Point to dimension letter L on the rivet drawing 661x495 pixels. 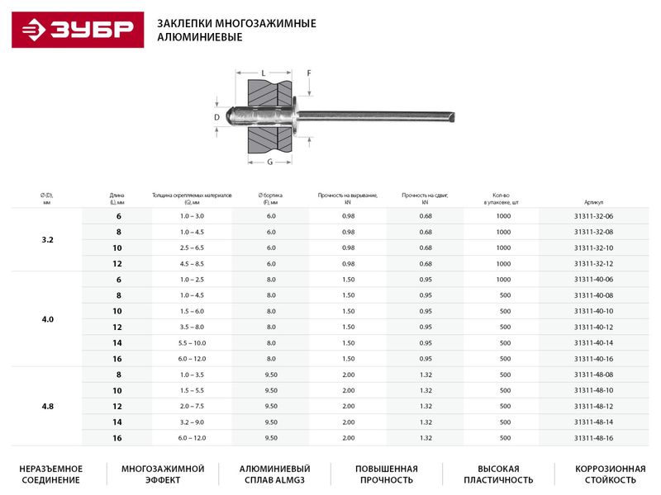[263, 73]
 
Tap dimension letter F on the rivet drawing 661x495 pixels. [309, 73]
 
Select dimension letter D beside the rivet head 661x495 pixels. [216, 118]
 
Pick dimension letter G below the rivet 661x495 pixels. [269, 163]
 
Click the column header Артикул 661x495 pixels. [593, 201]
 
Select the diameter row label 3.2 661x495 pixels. [47, 239]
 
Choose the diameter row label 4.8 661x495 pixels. [47, 405]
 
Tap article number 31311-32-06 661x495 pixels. [593, 216]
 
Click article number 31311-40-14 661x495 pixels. [593, 342]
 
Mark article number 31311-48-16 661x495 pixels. [593, 437]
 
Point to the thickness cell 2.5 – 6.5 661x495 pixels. [192, 247]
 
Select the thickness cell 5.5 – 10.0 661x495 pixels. [192, 342]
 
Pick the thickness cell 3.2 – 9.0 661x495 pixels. [192, 422]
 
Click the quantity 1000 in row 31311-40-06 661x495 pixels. [504, 280]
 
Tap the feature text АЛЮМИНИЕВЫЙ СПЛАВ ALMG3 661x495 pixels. [274, 474]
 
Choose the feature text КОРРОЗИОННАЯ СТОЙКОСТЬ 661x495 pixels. [610, 474]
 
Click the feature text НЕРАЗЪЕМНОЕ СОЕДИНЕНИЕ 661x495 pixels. [51, 474]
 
